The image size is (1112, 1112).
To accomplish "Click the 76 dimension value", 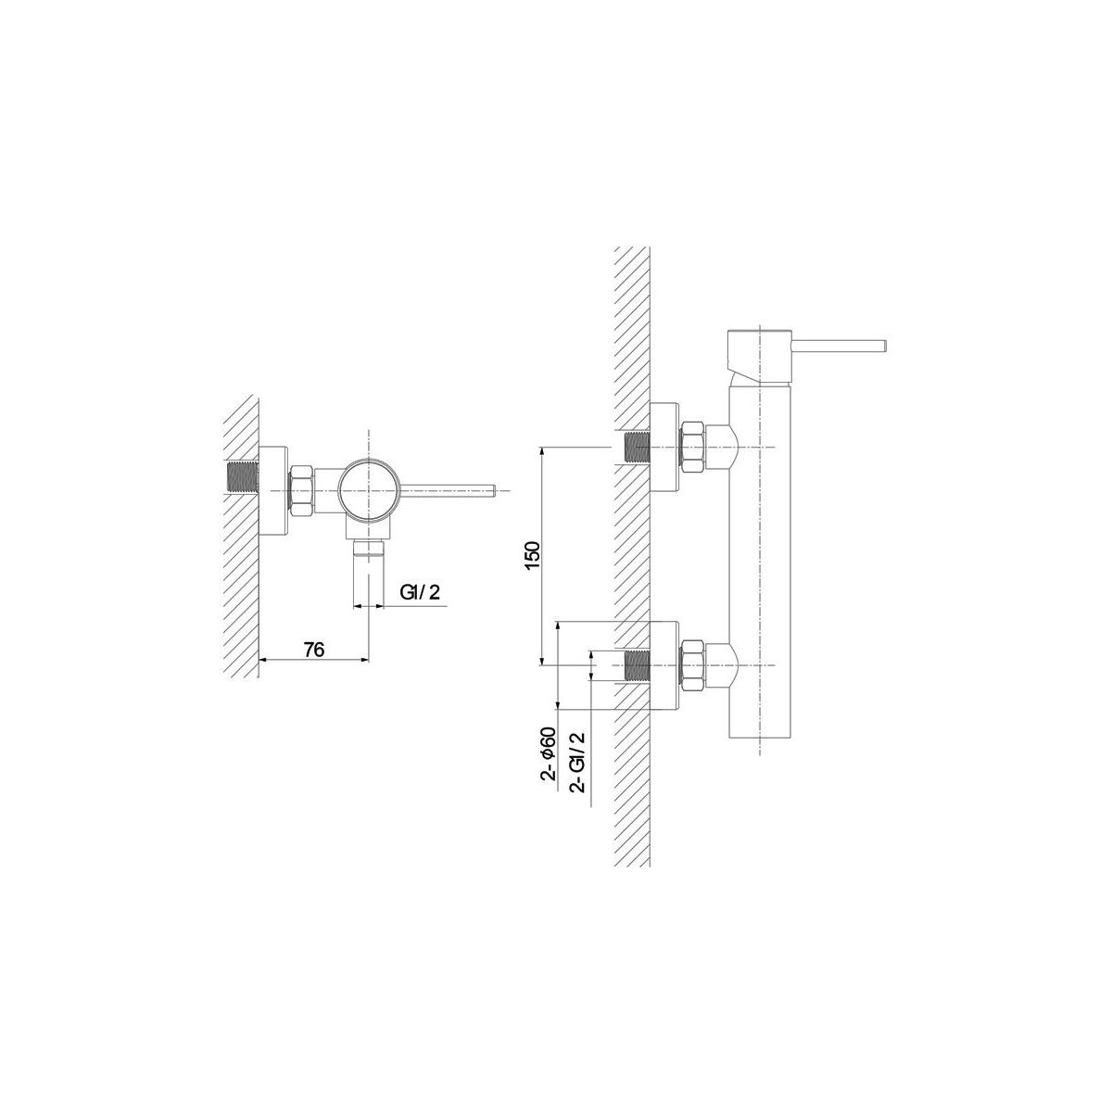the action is point(314,650).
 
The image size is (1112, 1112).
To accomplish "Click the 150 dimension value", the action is point(533,555).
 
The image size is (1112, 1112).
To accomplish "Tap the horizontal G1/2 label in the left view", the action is point(420,593).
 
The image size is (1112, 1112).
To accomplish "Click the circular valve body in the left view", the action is point(368,490).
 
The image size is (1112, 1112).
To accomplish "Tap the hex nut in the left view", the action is point(300,490).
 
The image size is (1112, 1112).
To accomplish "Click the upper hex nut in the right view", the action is point(693,448).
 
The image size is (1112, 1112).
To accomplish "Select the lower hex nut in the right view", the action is point(693,665).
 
